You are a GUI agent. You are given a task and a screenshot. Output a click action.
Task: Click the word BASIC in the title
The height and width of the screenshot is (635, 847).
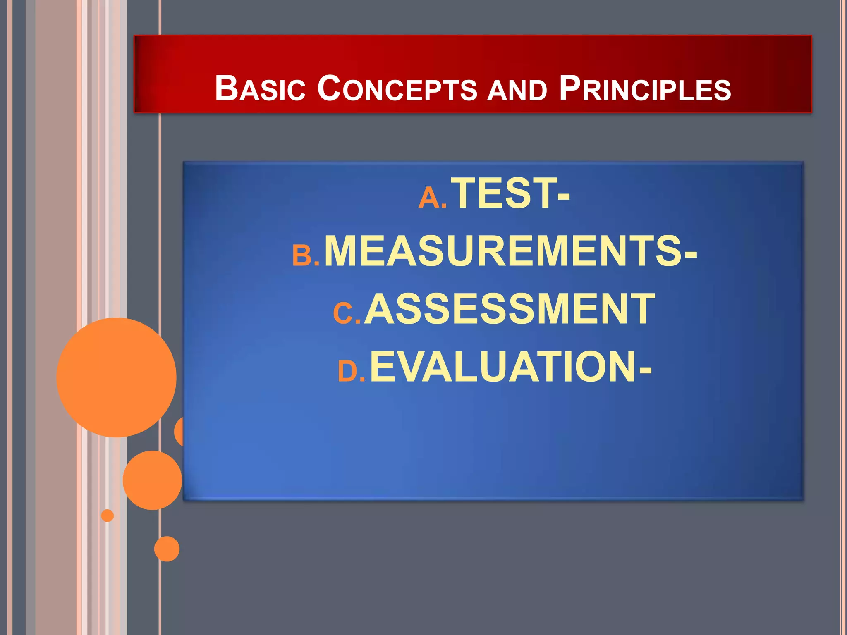click(260, 88)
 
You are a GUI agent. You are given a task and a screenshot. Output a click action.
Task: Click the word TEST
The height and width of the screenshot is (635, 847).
click(503, 193)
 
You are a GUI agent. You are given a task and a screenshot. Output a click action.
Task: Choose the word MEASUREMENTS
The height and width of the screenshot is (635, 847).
click(503, 251)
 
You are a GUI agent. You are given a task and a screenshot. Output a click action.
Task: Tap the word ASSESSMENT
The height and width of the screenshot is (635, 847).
click(509, 309)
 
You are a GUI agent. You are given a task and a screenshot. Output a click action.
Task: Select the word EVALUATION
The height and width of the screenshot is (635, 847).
click(502, 367)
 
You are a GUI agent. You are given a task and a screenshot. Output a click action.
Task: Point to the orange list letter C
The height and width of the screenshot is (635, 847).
click(343, 313)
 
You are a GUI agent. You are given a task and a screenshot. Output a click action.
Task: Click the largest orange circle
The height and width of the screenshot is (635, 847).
click(117, 377)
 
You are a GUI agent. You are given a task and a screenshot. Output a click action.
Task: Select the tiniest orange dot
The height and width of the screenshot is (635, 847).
click(108, 516)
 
